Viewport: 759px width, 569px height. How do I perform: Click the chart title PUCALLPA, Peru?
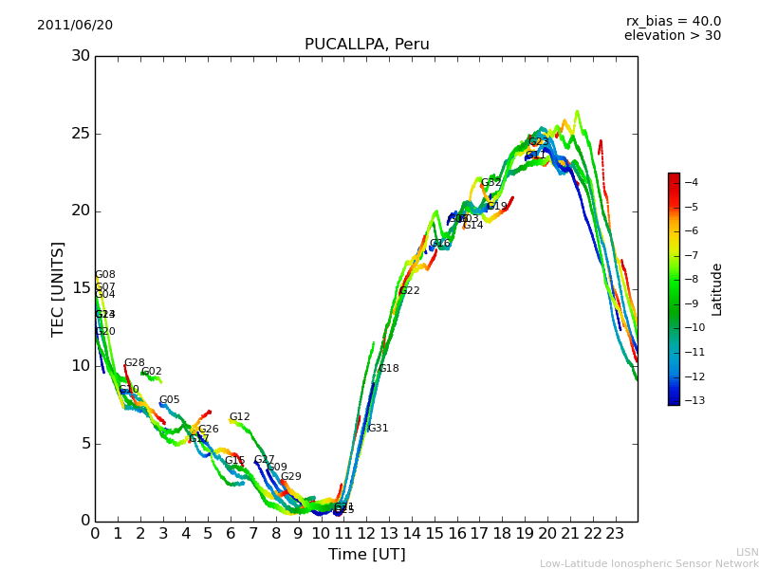pyautogui.click(x=366, y=45)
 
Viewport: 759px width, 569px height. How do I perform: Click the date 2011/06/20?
pyautogui.click(x=75, y=26)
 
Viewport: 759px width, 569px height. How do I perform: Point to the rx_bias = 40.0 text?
pyautogui.click(x=673, y=21)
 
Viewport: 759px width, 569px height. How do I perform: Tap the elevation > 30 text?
pyautogui.click(x=672, y=36)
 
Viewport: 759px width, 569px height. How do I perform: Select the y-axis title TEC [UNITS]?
pyautogui.click(x=59, y=288)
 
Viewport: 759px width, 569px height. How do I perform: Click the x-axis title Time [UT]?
pyautogui.click(x=366, y=555)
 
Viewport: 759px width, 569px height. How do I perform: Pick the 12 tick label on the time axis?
pyautogui.click(x=366, y=534)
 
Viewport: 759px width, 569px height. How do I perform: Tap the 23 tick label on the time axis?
pyautogui.click(x=615, y=534)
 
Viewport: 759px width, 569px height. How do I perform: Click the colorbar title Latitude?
pyautogui.click(x=717, y=289)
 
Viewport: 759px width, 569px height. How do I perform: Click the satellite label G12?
pyautogui.click(x=239, y=417)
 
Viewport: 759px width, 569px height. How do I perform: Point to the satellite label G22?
pyautogui.click(x=409, y=291)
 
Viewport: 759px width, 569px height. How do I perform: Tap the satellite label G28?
pyautogui.click(x=134, y=363)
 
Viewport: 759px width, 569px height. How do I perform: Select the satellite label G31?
pyautogui.click(x=378, y=429)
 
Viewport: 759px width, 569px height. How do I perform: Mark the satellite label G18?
pyautogui.click(x=388, y=369)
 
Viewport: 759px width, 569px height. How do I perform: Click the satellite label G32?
pyautogui.click(x=491, y=183)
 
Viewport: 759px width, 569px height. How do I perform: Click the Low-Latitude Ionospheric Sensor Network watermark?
pyautogui.click(x=649, y=563)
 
